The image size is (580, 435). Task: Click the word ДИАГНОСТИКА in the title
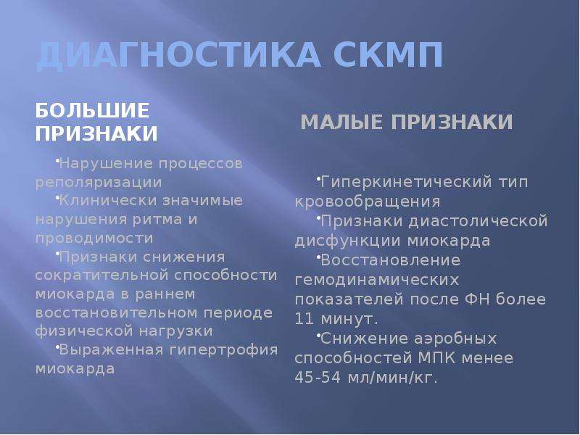pos(178,56)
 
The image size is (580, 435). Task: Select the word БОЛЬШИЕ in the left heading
pos(93,110)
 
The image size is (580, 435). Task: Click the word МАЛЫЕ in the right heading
pos(341,122)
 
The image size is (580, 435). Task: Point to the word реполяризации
pos(99,183)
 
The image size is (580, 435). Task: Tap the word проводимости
pos(94,239)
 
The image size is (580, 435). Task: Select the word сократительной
pos(101,275)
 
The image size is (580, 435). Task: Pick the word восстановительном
pos(116,313)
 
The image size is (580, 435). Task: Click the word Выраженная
pos(111,350)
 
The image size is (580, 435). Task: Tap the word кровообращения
pos(368,202)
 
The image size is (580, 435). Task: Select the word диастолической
pos(478,222)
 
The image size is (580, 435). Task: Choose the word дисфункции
pos(348,241)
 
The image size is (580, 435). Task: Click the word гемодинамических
pos(377,280)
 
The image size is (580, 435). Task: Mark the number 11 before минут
pos(304,319)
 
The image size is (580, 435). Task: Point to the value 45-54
pos(318,378)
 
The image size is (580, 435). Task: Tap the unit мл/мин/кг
pos(393,378)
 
